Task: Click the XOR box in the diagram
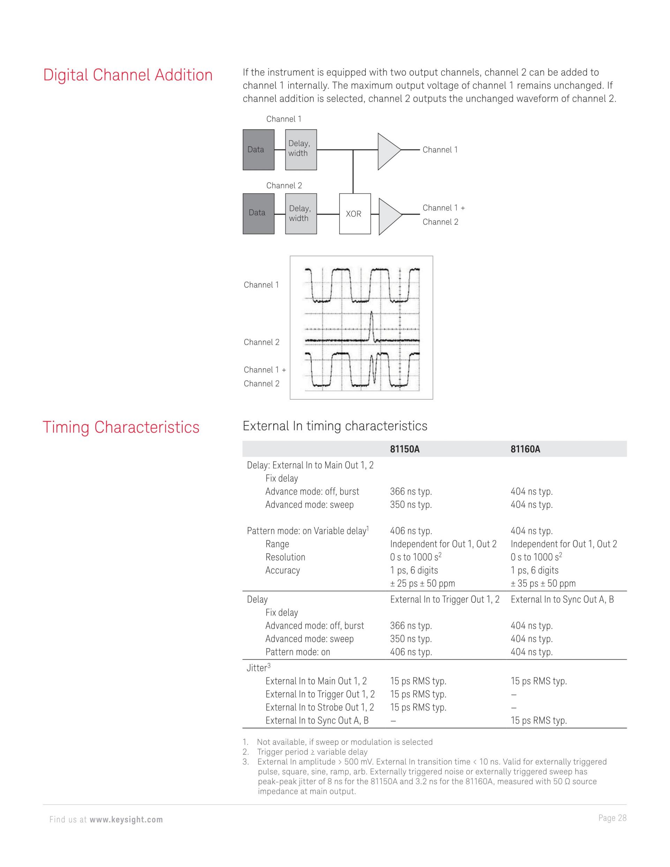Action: (x=355, y=214)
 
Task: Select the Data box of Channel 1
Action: (x=258, y=150)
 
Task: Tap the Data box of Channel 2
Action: (x=258, y=213)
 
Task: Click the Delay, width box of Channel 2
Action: (x=301, y=213)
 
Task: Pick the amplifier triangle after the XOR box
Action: (x=389, y=216)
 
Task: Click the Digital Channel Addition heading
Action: (x=128, y=75)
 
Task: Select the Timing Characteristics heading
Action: (x=121, y=427)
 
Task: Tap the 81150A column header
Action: (x=404, y=449)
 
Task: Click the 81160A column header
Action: (x=525, y=449)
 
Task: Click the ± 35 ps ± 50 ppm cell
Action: (x=543, y=583)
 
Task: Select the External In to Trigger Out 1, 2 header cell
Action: (x=445, y=599)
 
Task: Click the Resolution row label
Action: (x=285, y=557)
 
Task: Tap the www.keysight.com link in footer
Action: (x=126, y=820)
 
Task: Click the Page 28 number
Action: (x=612, y=818)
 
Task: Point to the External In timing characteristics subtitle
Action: (x=335, y=426)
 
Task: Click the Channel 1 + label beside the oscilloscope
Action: (x=265, y=370)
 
